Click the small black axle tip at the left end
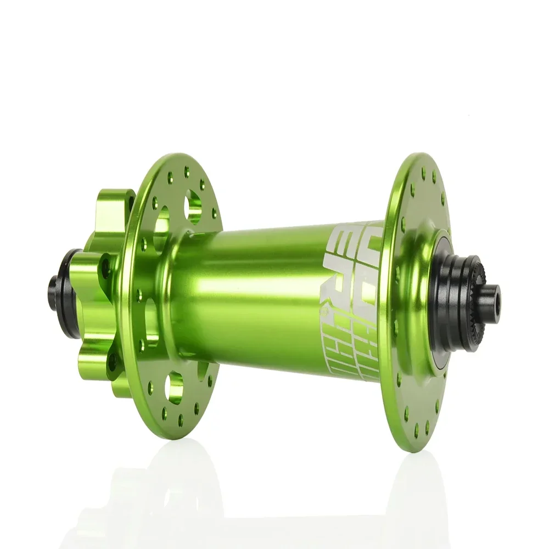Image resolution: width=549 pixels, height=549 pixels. point(53,285)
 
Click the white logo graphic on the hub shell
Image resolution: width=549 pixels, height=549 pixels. point(351,299)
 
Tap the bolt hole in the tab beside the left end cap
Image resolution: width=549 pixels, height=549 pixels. point(105,268)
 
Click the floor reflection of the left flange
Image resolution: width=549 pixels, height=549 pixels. point(165,494)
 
